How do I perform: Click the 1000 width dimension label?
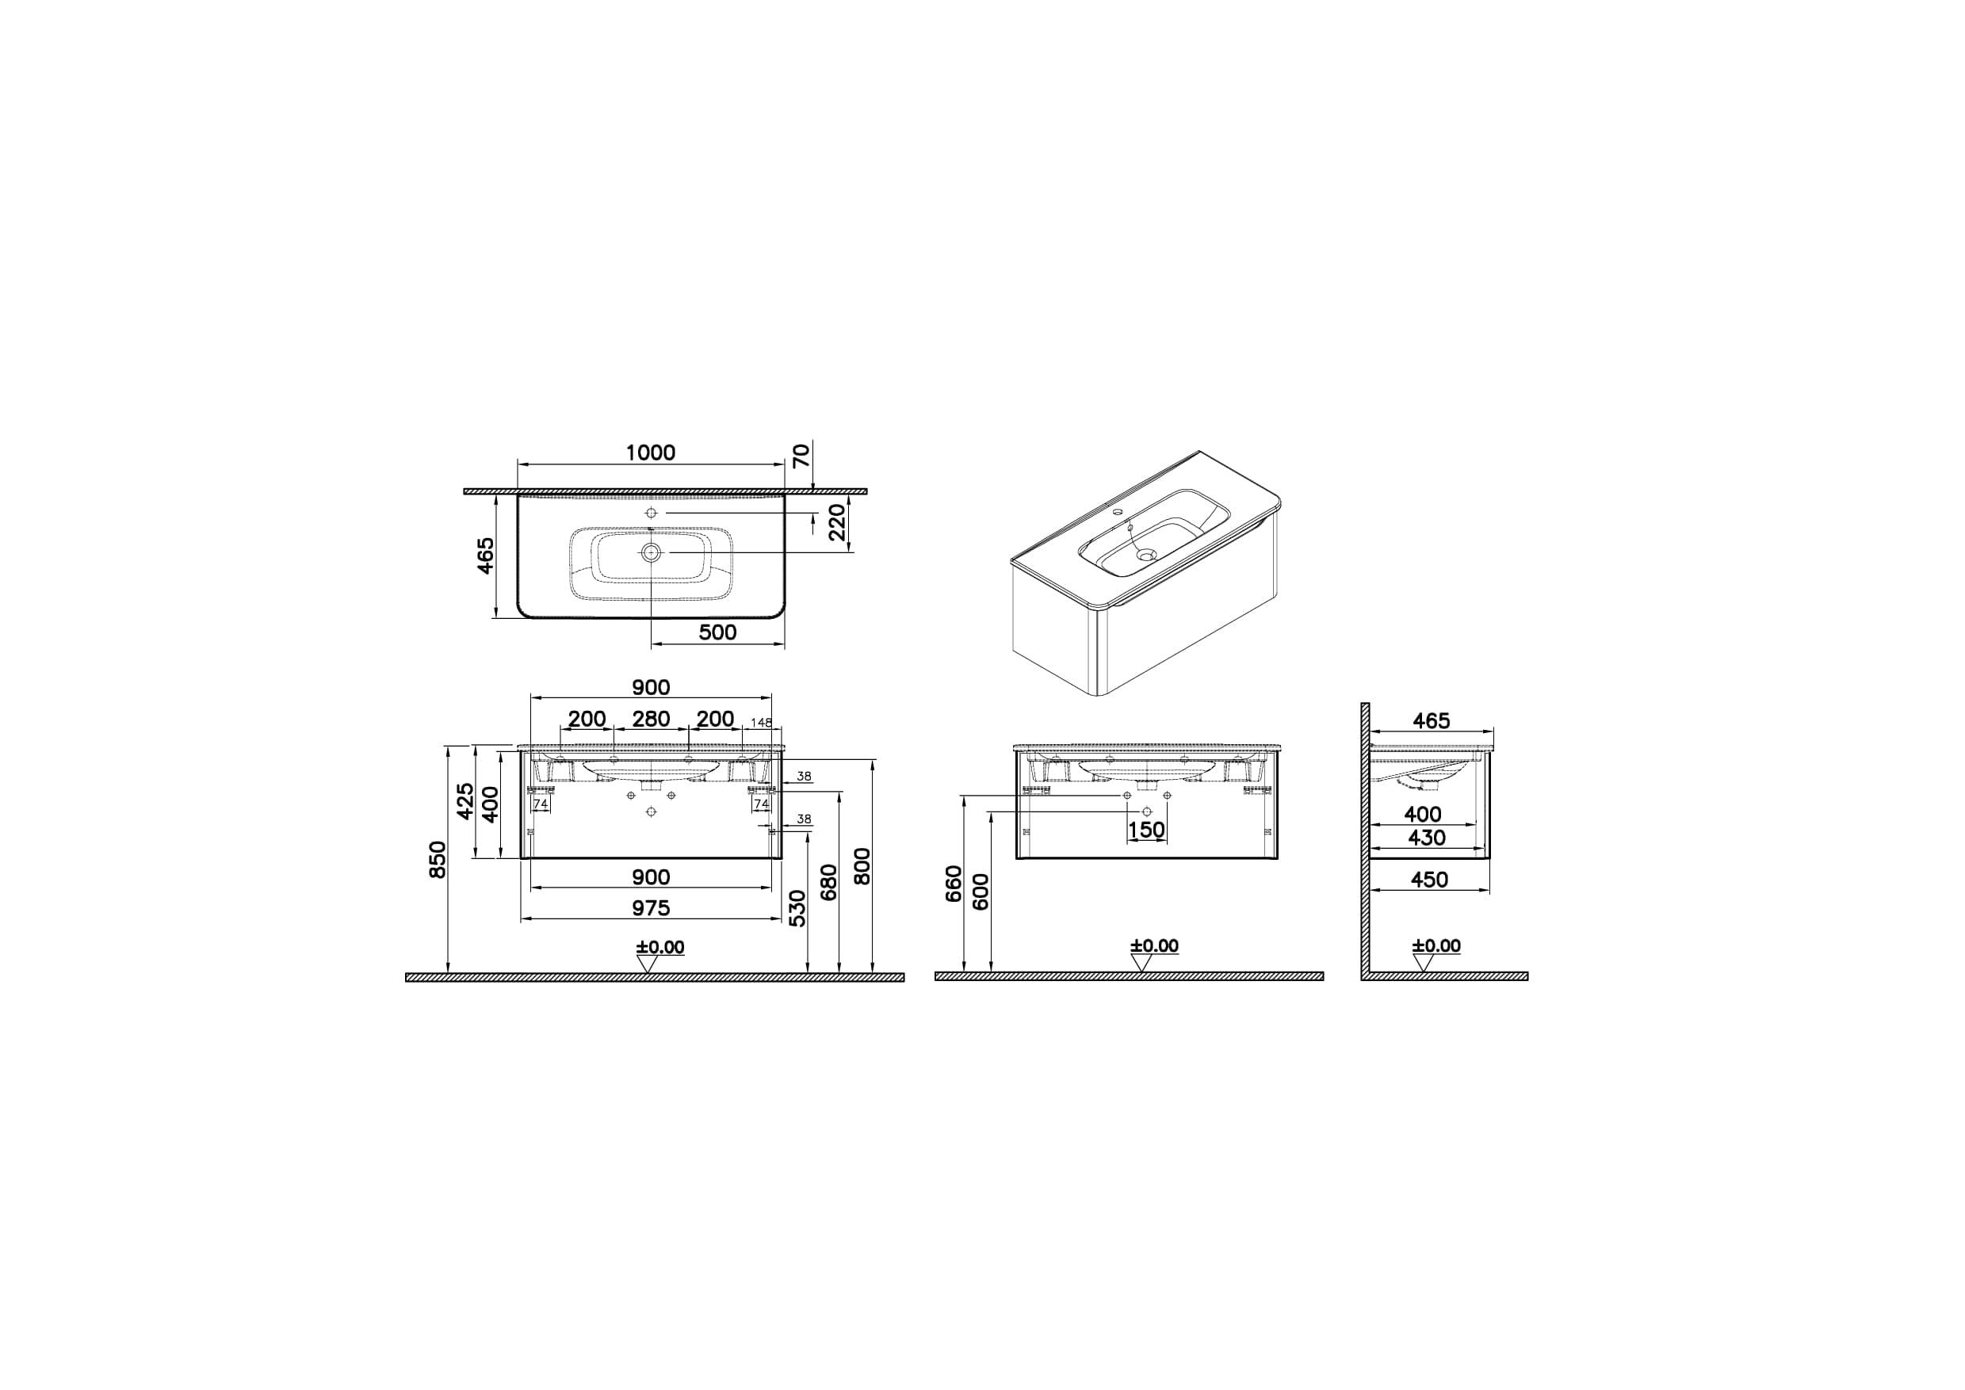click(x=651, y=452)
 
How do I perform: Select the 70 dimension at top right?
click(x=801, y=456)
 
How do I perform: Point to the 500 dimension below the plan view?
click(x=717, y=632)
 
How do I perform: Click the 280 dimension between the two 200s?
click(x=651, y=719)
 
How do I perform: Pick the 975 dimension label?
click(x=651, y=908)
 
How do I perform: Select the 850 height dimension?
click(x=437, y=859)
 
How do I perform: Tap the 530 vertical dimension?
click(x=797, y=907)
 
